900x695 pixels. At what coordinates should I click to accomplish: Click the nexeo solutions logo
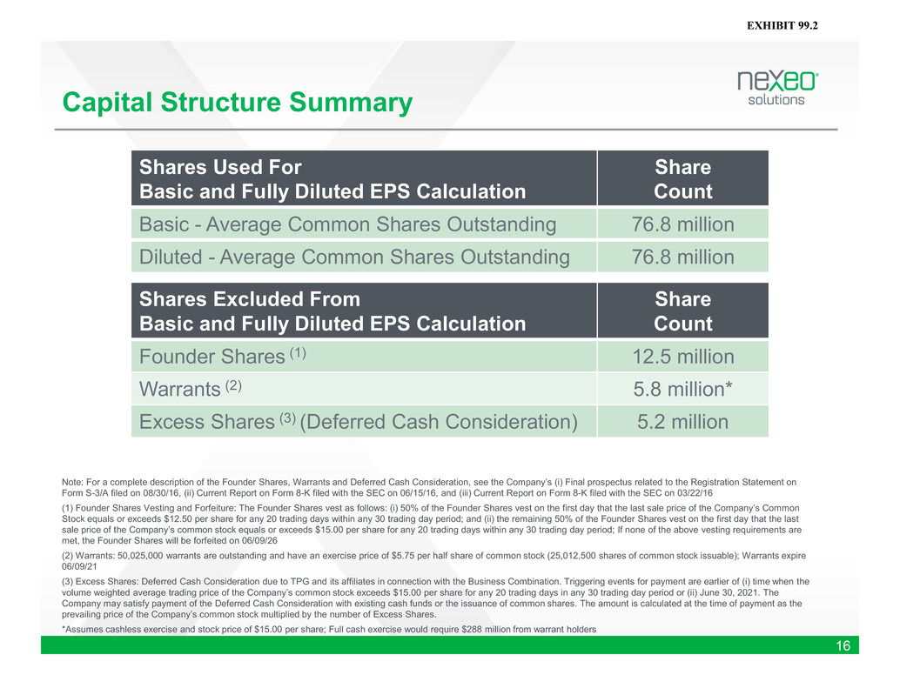pyautogui.click(x=778, y=89)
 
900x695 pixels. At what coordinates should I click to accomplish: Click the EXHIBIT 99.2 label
pyautogui.click(x=782, y=25)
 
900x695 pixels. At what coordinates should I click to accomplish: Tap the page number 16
pyautogui.click(x=843, y=645)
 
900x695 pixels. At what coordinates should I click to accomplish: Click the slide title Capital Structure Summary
pyautogui.click(x=237, y=103)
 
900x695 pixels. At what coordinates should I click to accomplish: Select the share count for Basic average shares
pyautogui.click(x=682, y=224)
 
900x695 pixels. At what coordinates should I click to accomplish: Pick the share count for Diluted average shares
pyautogui.click(x=682, y=257)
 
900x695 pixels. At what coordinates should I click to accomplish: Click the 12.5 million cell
pyautogui.click(x=683, y=357)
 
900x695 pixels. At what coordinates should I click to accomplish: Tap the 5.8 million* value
pyautogui.click(x=682, y=390)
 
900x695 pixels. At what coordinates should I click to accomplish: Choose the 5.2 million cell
pyautogui.click(x=682, y=422)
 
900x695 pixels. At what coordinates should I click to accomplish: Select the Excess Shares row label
pyautogui.click(x=358, y=422)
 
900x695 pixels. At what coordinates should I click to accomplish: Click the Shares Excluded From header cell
pyautogui.click(x=364, y=311)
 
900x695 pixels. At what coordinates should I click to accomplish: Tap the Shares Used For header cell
pyautogui.click(x=364, y=178)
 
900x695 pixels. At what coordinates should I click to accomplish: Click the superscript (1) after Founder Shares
pyautogui.click(x=298, y=352)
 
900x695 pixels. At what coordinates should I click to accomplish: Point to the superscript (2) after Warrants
pyautogui.click(x=233, y=385)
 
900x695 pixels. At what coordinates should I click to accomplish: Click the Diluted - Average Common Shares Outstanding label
pyautogui.click(x=354, y=257)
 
